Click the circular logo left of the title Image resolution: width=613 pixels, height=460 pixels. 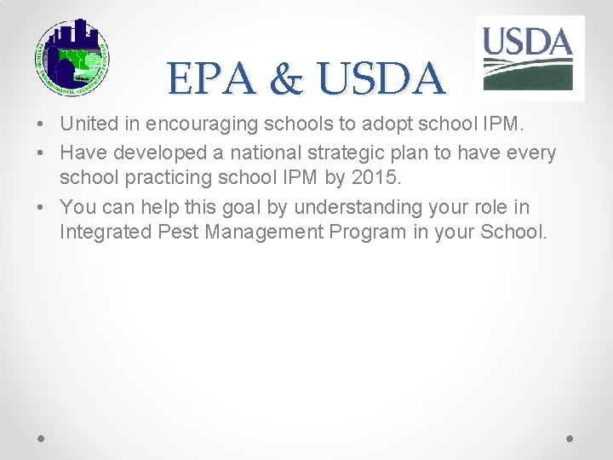72,57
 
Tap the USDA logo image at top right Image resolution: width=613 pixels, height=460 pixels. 529,57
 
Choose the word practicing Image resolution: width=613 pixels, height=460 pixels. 169,180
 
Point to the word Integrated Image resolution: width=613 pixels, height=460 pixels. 99,233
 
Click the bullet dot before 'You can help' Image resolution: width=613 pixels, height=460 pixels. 42,208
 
